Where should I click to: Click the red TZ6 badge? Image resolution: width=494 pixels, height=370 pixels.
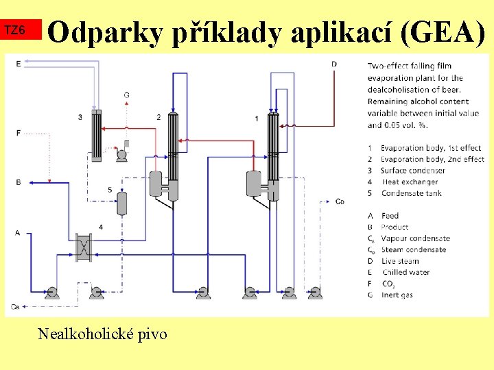(x=21, y=31)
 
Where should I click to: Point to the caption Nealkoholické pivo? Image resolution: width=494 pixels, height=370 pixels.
(x=102, y=334)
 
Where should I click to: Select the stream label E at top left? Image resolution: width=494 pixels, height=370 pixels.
(x=18, y=63)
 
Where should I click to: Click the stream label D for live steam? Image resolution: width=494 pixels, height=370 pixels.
(x=333, y=64)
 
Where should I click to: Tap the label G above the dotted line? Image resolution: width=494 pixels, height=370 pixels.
(x=126, y=95)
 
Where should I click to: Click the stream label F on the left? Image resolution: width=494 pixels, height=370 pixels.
(x=18, y=132)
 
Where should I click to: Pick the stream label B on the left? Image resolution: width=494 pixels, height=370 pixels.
(x=18, y=182)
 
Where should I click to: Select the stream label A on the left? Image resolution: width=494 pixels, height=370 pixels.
(x=18, y=233)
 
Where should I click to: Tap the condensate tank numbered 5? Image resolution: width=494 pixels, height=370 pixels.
(x=122, y=203)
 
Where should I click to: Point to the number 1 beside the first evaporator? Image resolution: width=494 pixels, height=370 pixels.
(x=257, y=119)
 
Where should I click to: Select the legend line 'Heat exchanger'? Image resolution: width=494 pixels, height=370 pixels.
(x=410, y=182)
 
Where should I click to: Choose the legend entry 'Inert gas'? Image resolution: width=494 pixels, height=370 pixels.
(x=399, y=295)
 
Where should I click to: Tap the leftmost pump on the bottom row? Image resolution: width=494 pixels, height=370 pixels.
(x=51, y=293)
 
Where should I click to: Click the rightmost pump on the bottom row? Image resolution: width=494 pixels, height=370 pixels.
(x=314, y=293)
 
